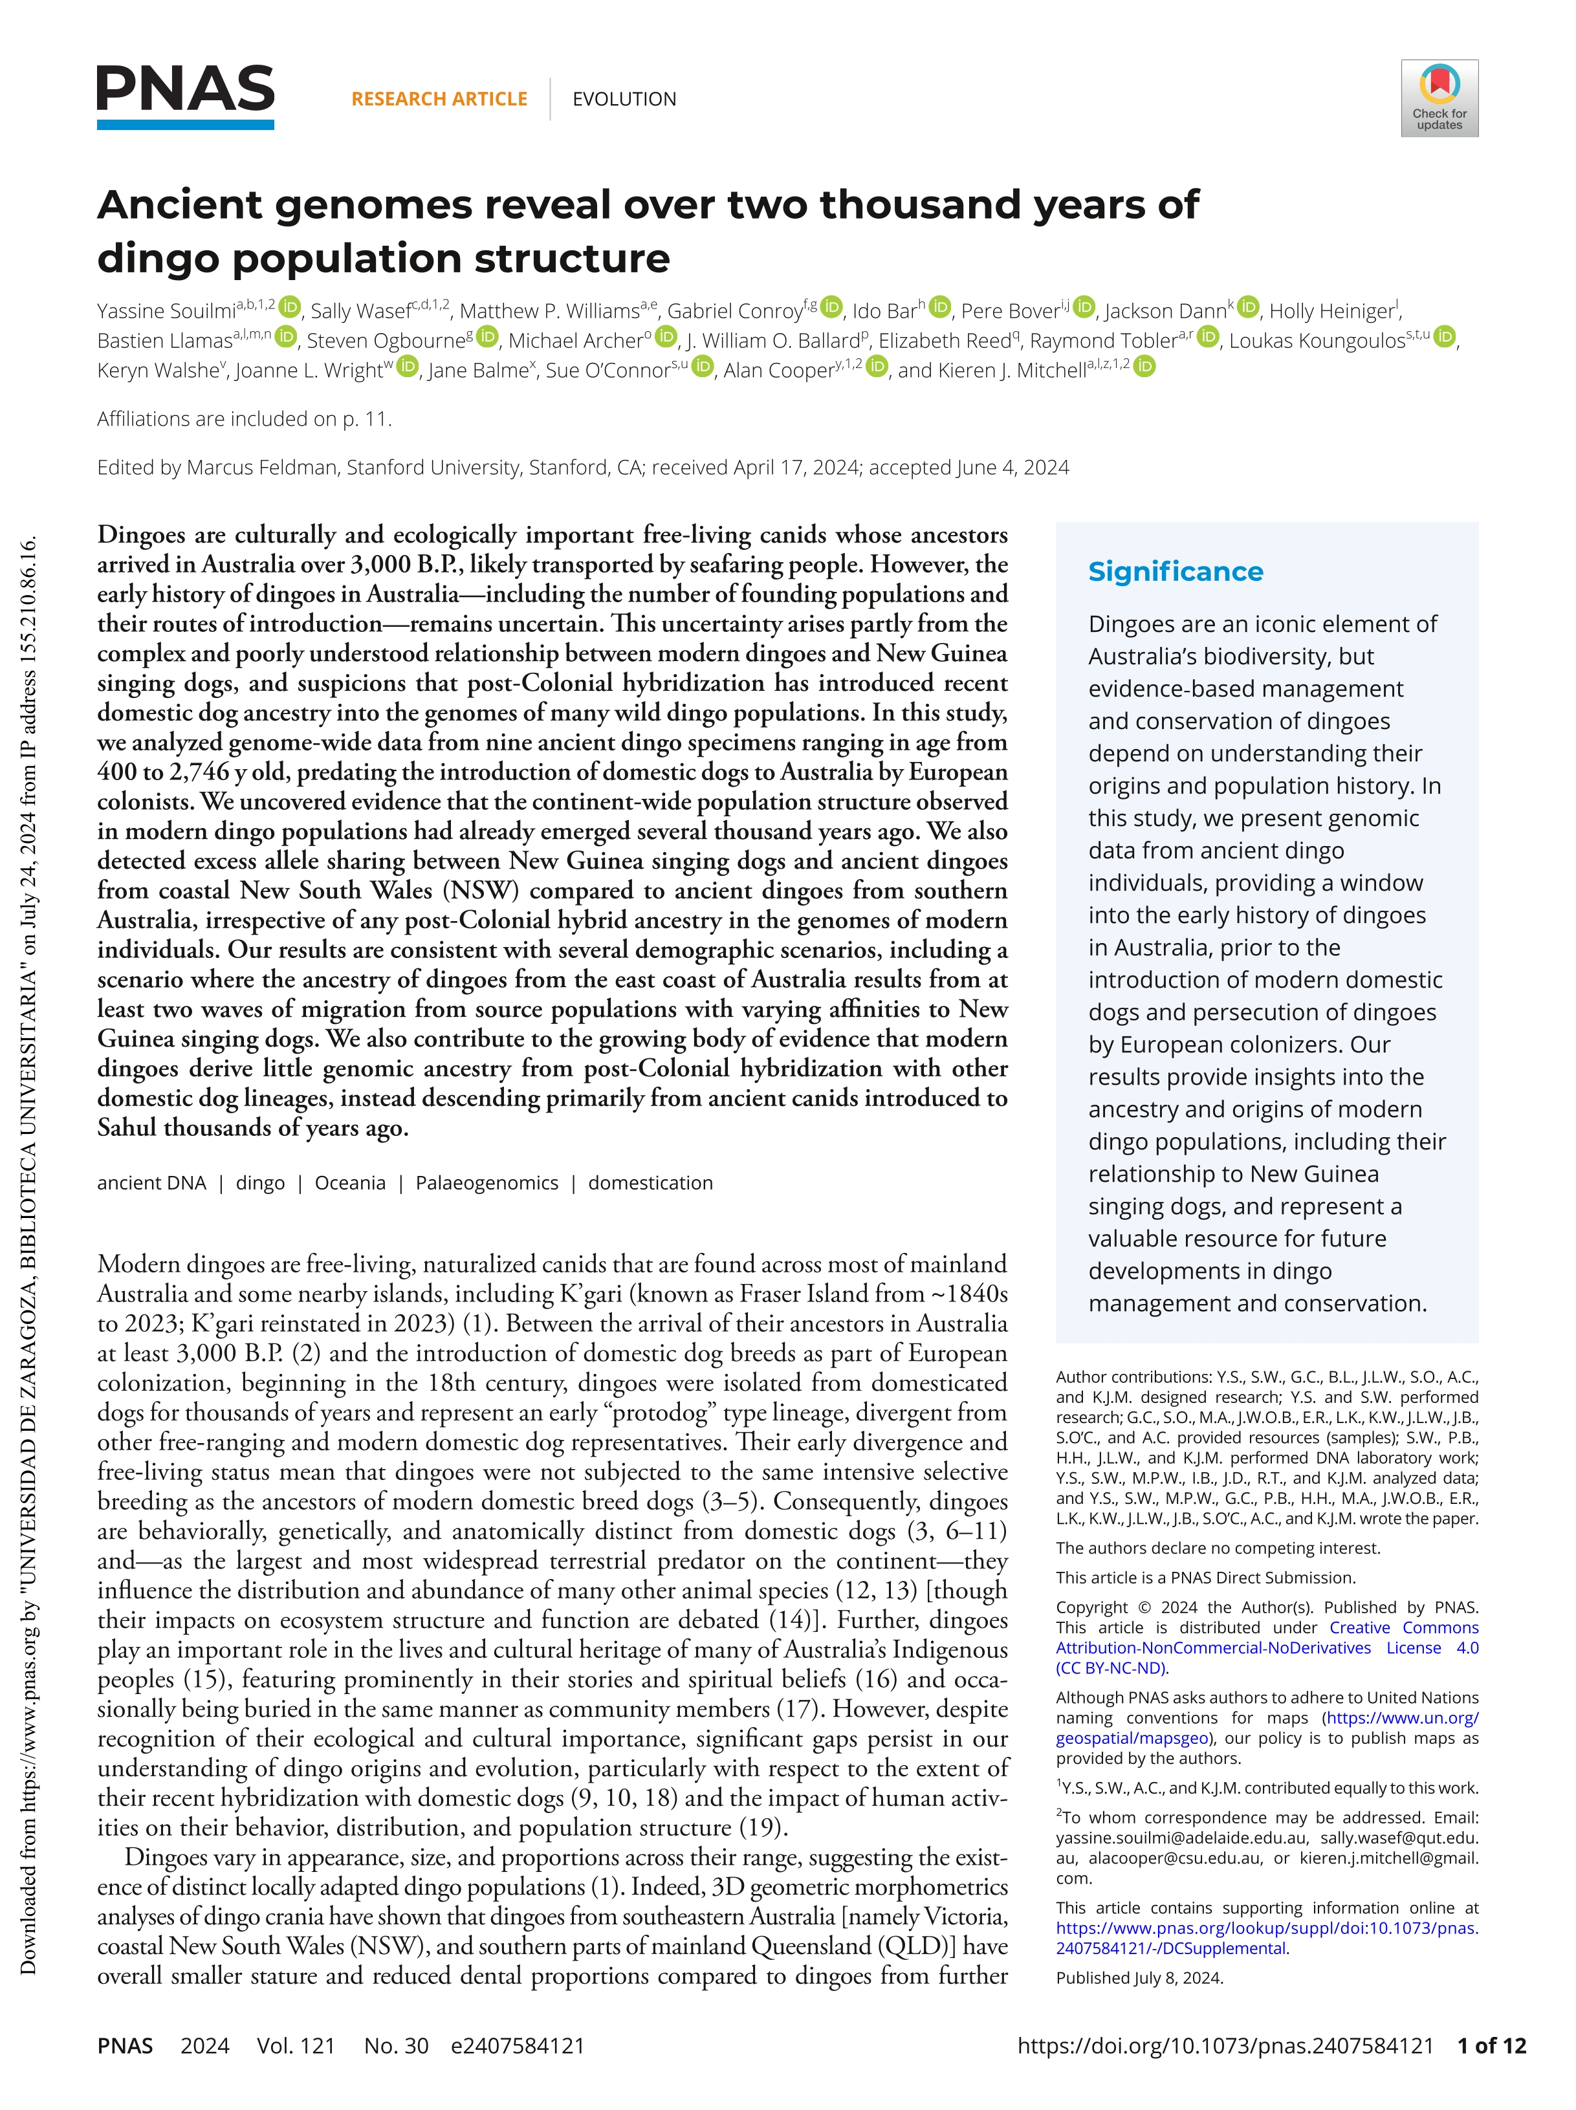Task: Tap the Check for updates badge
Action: coord(1439,98)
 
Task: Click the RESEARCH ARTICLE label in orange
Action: coord(439,99)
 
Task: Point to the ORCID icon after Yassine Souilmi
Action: coord(290,308)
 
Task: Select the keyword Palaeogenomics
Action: coord(487,1183)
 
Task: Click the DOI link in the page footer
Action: coord(1226,2045)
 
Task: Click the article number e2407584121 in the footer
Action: coord(517,2045)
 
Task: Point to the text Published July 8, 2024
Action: coord(1139,1977)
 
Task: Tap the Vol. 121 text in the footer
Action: coord(296,2045)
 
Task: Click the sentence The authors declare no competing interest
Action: coord(1218,1548)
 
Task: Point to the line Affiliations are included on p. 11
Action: coord(244,419)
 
